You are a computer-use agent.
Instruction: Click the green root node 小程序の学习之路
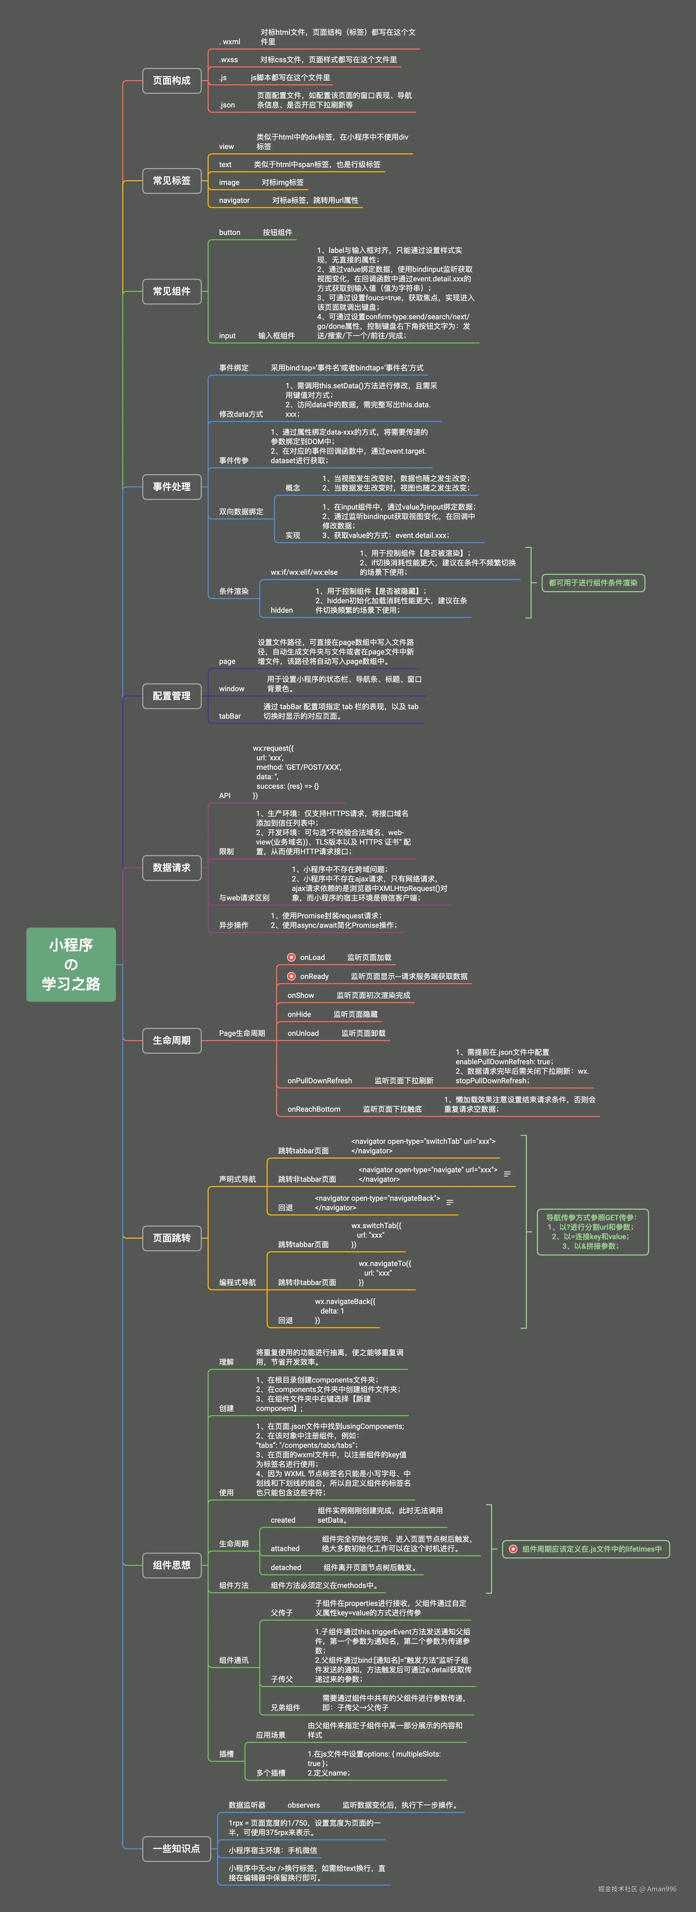pos(71,964)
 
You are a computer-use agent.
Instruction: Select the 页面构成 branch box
pos(171,80)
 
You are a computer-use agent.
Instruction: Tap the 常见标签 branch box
pos(171,180)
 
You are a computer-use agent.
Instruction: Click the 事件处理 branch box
pos(171,487)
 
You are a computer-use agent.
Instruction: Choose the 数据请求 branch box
pos(171,867)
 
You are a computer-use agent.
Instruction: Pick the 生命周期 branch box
pos(171,1040)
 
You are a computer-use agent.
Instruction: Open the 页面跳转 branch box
pos(171,1237)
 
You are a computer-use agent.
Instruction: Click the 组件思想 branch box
pos(171,1565)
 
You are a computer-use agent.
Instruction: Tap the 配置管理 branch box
pos(171,695)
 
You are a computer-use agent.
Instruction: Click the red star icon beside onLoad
pos(292,958)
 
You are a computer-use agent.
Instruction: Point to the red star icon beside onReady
pos(292,976)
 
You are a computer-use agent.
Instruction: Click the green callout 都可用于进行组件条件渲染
pos(593,583)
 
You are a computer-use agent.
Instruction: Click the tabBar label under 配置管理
pos(230,716)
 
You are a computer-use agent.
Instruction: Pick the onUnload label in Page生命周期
pos(303,1033)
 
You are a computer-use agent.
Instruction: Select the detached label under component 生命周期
pos(286,1568)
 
